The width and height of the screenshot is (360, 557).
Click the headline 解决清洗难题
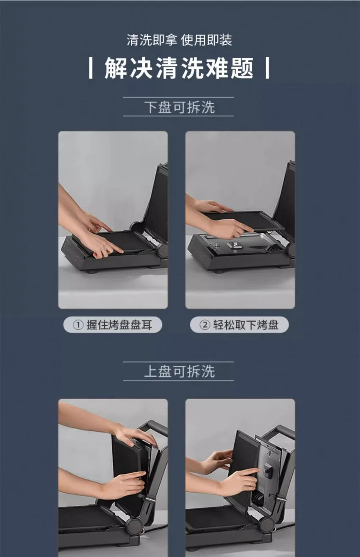click(x=179, y=68)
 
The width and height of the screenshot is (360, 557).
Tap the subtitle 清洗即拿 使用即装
click(x=180, y=40)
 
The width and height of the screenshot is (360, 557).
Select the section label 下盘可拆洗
click(x=180, y=107)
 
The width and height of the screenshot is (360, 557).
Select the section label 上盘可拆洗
click(x=180, y=372)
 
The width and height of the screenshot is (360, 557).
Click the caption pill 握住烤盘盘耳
click(x=113, y=325)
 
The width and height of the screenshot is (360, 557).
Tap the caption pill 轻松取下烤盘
click(x=239, y=325)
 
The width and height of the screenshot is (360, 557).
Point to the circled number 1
click(x=78, y=325)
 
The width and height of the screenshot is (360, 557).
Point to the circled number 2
click(x=205, y=325)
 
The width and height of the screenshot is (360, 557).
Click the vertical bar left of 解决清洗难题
click(x=91, y=68)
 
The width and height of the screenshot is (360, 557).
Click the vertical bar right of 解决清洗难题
click(x=267, y=68)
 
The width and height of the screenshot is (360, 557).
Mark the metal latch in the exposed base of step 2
click(x=235, y=245)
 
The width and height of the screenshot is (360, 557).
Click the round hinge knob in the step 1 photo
click(x=163, y=251)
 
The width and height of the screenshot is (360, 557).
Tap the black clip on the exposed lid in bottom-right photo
click(x=268, y=471)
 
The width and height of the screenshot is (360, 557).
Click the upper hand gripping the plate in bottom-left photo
click(x=136, y=434)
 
